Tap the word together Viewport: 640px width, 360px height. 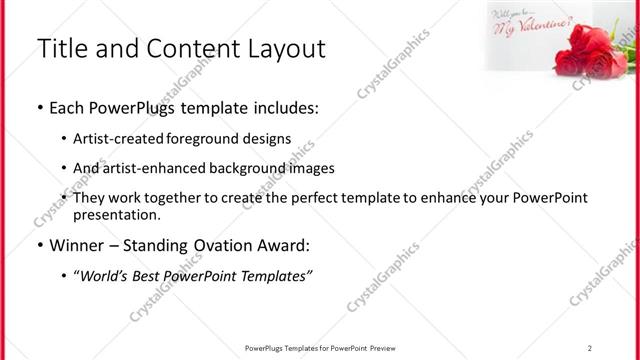(x=192, y=198)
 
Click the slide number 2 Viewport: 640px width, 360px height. (x=590, y=347)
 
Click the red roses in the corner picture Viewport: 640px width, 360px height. (x=591, y=53)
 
